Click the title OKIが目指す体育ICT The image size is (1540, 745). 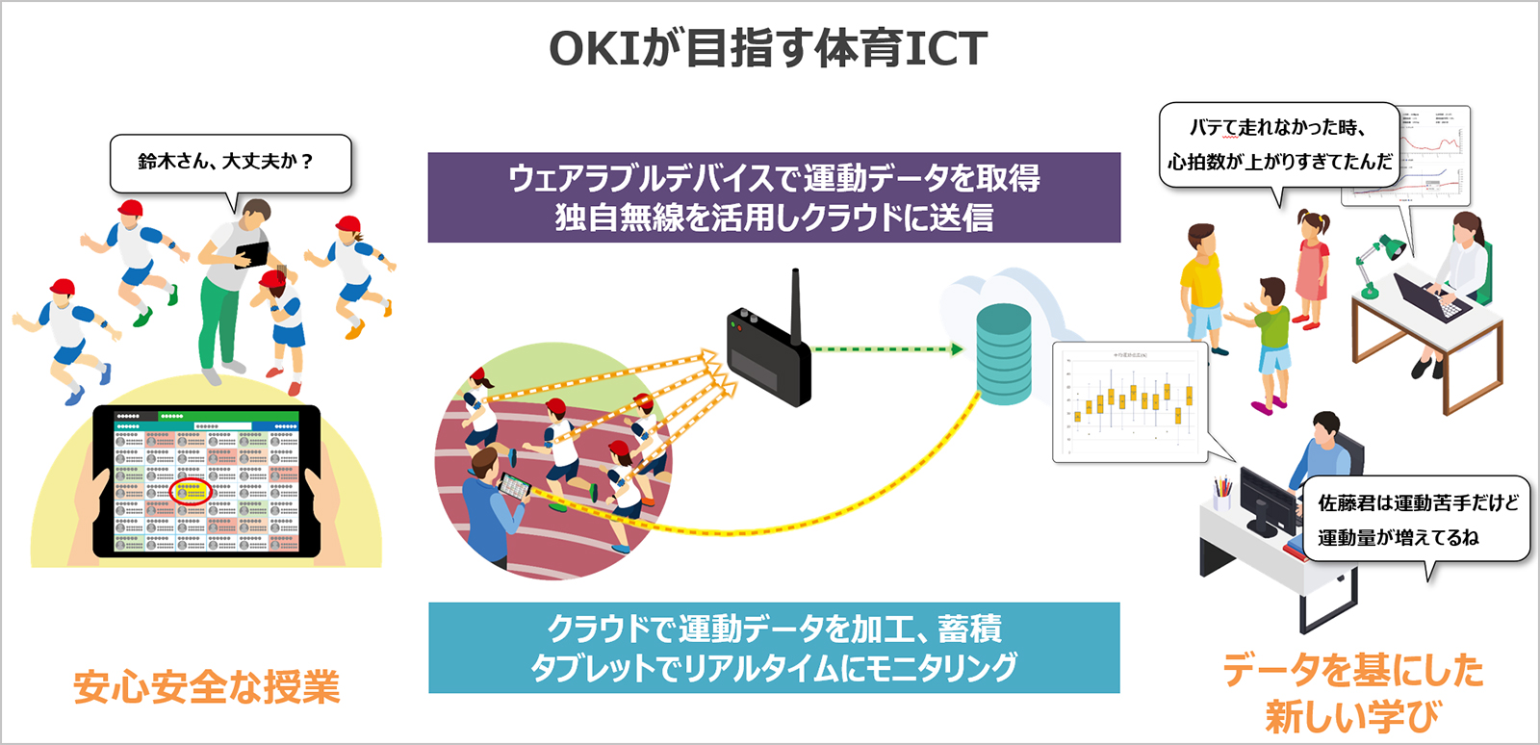click(768, 48)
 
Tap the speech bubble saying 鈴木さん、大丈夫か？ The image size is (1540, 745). click(230, 163)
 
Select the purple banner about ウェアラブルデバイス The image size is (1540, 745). click(774, 197)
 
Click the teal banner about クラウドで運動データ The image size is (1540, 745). click(774, 647)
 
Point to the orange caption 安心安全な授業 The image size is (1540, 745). click(206, 687)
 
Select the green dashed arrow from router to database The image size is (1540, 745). click(885, 349)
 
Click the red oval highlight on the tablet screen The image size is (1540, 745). click(191, 491)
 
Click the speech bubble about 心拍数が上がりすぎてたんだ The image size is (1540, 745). click(1279, 145)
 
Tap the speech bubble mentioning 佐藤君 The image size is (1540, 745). click(1416, 520)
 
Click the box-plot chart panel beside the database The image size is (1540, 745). click(1129, 400)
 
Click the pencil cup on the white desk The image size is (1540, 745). click(1222, 494)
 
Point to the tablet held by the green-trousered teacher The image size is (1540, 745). click(252, 254)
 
